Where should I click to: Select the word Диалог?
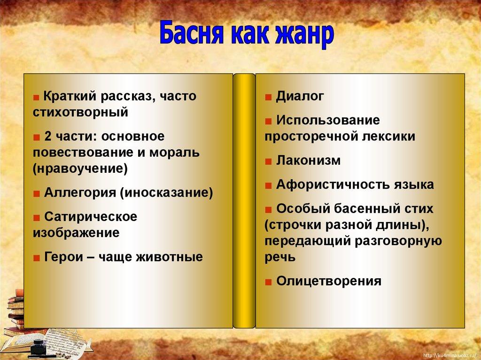coord(300,96)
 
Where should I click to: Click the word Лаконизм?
coord(308,161)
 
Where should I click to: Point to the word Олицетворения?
coord(328,281)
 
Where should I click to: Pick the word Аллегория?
coord(80,193)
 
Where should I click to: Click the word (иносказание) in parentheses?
coord(166,193)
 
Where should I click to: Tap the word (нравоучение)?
coord(80,169)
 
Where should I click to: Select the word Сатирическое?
coord(91,217)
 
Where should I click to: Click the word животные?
coord(169,257)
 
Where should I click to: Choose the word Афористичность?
coord(331,184)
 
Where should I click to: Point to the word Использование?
coord(328,120)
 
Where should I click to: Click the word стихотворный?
coord(80,113)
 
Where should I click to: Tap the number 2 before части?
coord(47,137)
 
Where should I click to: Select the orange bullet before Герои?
coord(37,258)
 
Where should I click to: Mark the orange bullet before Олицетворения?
coord(268,282)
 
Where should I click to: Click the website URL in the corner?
coord(450,356)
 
